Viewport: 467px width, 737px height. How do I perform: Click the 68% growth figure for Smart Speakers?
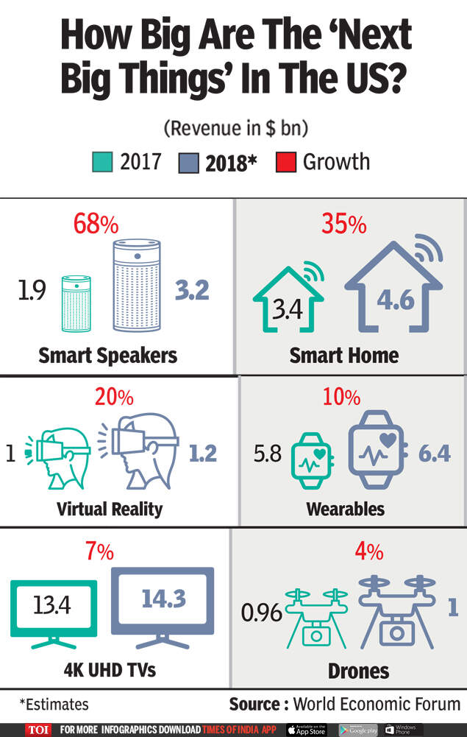click(96, 224)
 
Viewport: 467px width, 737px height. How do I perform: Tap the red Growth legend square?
click(286, 161)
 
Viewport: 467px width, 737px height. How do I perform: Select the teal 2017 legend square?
click(102, 161)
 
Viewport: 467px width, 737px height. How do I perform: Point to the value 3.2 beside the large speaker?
click(192, 290)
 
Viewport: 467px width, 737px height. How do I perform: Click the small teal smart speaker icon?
click(76, 303)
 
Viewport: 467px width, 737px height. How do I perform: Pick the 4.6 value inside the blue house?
click(396, 300)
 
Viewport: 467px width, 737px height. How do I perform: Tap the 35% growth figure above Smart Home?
click(344, 224)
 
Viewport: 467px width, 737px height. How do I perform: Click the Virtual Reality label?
click(110, 508)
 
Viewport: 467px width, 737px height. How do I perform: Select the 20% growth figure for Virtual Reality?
click(114, 398)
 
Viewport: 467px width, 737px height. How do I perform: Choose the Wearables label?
click(346, 508)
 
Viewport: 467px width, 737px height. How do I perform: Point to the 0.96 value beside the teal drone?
click(262, 612)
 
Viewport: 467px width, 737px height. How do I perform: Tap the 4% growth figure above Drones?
click(345, 551)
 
